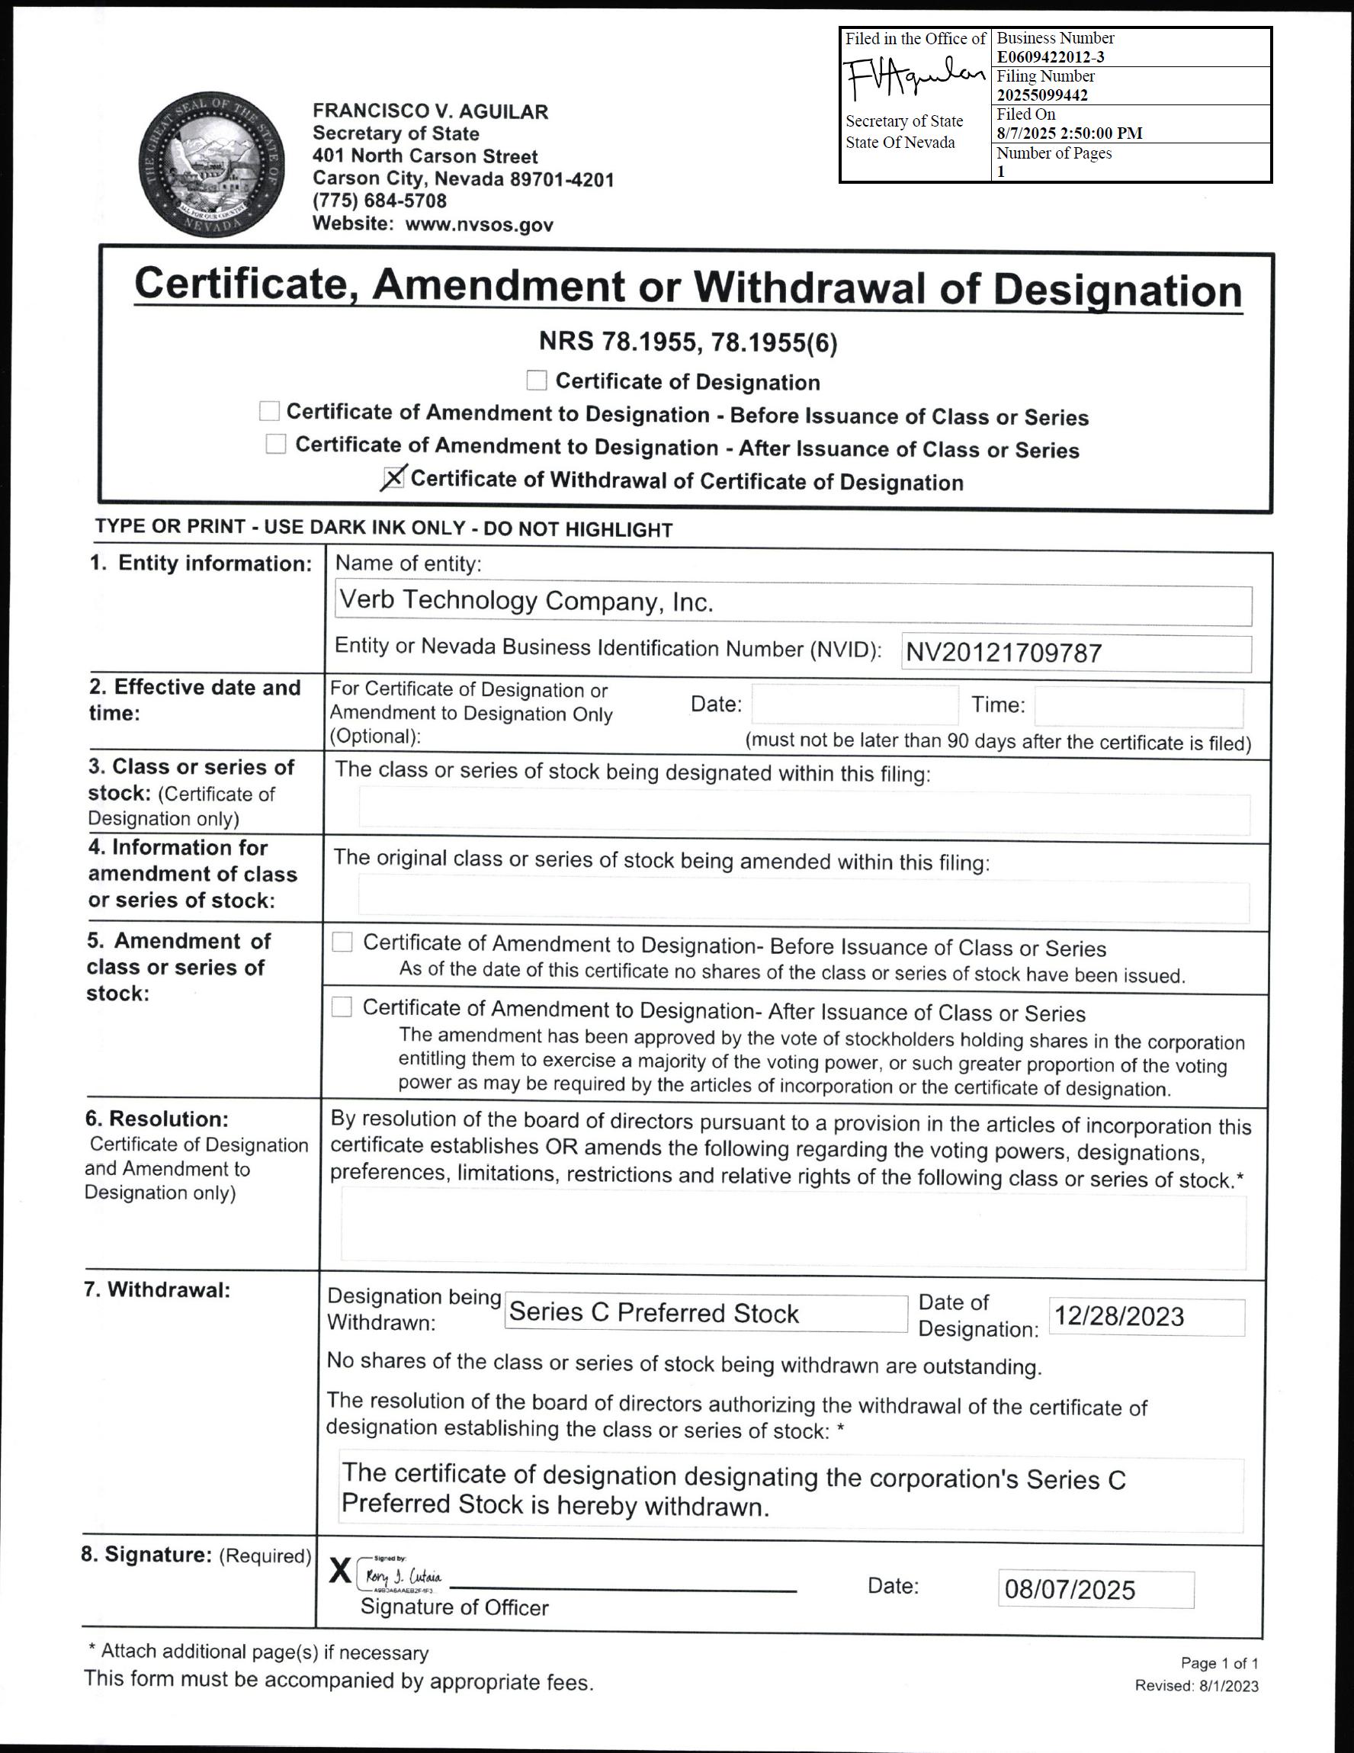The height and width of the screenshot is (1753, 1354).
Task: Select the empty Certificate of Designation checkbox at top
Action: point(536,380)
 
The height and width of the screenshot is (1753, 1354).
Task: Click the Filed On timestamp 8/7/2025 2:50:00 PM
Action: point(1069,133)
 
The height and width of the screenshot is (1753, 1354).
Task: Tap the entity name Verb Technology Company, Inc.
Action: point(526,601)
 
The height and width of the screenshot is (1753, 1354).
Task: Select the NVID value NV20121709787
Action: point(1003,653)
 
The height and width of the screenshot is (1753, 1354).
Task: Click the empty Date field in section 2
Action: point(854,705)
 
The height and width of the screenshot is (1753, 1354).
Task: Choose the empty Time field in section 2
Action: point(1138,707)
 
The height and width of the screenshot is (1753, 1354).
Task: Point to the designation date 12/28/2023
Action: point(1119,1316)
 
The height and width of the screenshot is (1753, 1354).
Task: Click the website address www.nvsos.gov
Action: point(479,225)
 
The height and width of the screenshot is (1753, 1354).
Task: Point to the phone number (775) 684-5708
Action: point(380,201)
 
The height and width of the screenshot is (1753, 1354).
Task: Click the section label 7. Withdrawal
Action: point(157,1290)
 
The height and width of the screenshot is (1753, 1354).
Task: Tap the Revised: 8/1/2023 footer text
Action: point(1196,1686)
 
